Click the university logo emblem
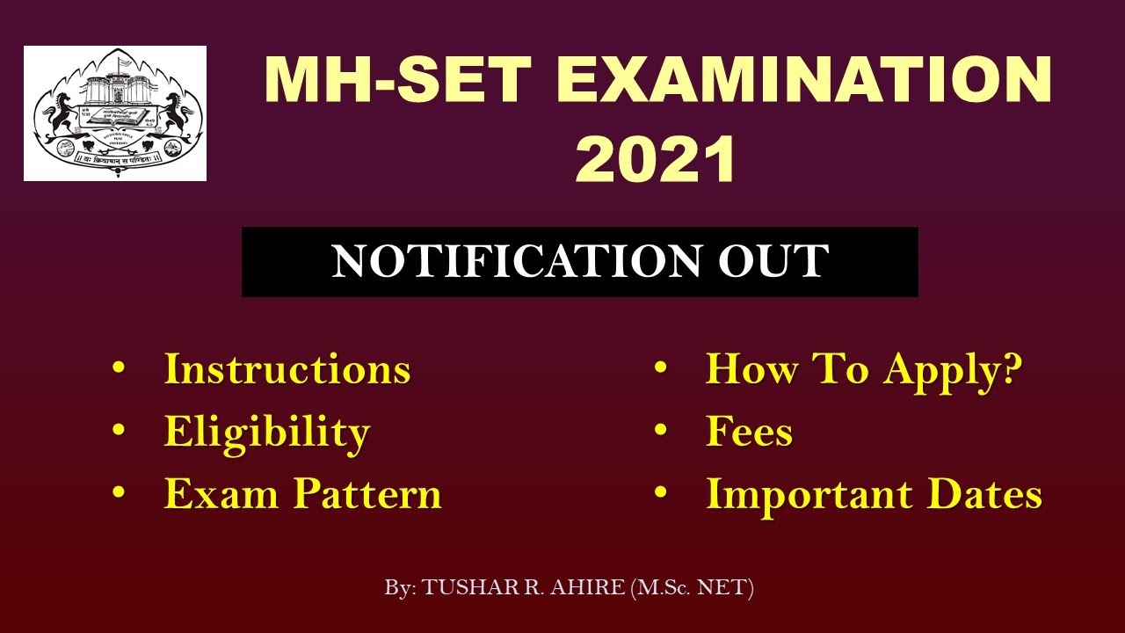click(115, 113)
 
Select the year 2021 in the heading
click(655, 158)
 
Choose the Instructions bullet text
click(287, 369)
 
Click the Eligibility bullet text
click(267, 433)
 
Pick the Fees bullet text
click(749, 433)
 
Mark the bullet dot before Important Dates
click(661, 494)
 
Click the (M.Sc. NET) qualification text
click(693, 588)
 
